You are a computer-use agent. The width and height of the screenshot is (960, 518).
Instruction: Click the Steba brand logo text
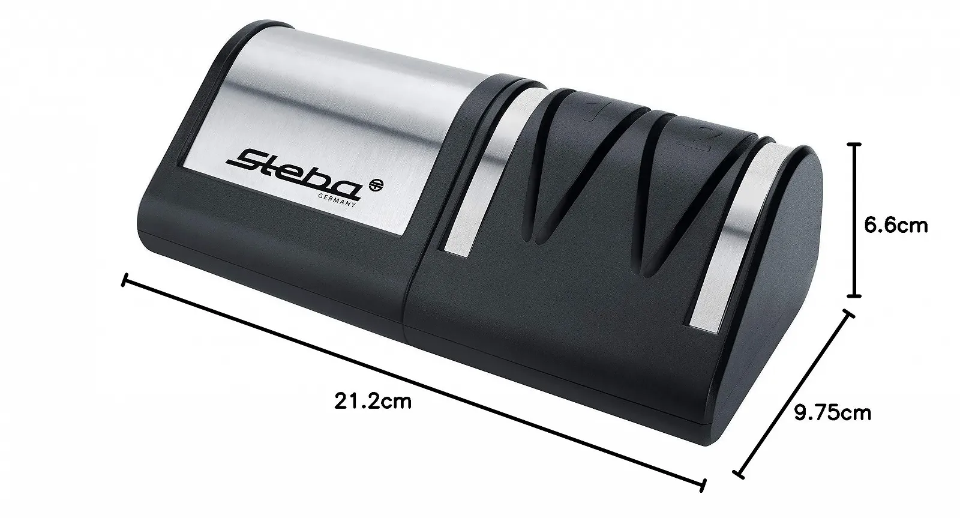(x=294, y=175)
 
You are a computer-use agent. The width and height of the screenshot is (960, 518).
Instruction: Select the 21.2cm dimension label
(x=373, y=401)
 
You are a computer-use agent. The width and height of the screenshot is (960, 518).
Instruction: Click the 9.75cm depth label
(x=832, y=413)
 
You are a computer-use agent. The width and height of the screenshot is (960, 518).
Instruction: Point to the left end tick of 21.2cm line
(x=125, y=280)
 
